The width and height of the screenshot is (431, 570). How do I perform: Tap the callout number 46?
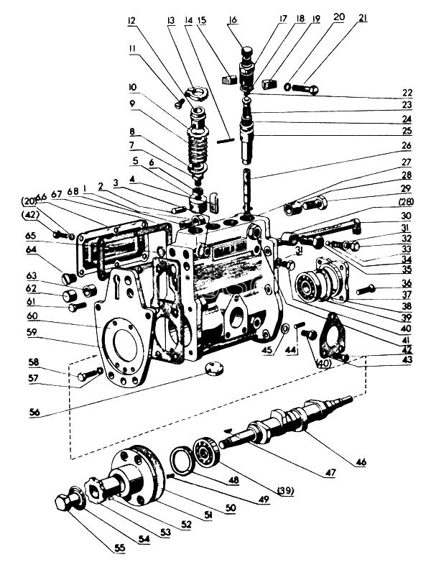pos(361,462)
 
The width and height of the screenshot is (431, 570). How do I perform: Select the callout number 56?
pos(35,413)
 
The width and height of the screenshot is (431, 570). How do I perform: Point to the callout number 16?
pos(233,19)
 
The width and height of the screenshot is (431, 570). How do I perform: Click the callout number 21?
pos(362,18)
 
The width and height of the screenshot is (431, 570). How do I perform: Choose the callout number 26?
pos(407,146)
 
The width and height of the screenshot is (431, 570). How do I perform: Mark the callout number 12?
pos(131,20)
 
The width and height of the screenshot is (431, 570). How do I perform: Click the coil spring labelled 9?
pos(196,147)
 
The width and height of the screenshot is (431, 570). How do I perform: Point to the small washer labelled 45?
pos(286,328)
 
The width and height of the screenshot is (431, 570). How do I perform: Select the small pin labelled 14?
pos(224,140)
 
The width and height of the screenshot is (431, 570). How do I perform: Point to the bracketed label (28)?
pos(406,202)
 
